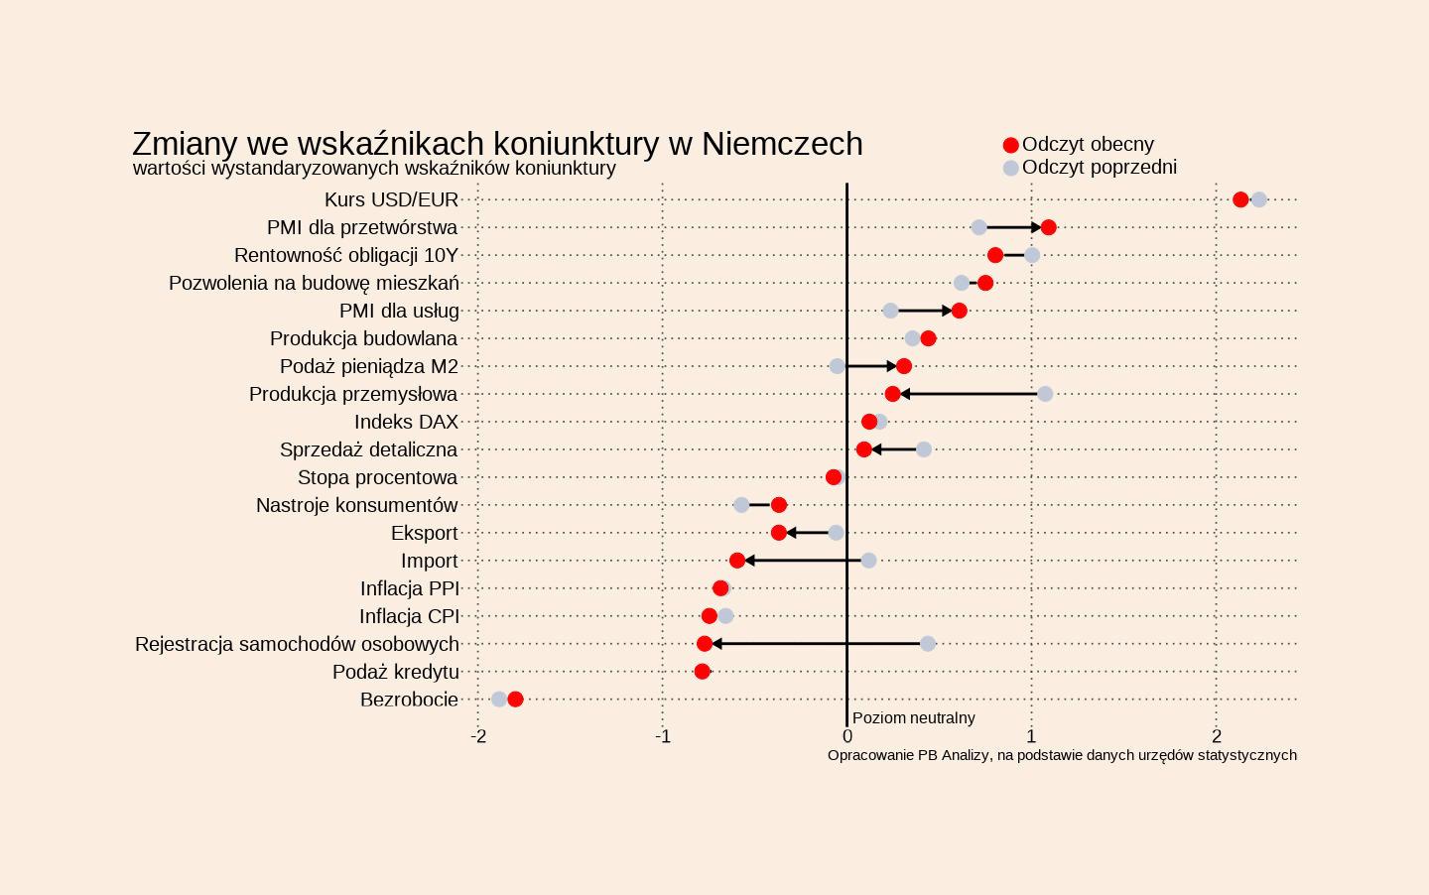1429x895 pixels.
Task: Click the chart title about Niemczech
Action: tap(497, 144)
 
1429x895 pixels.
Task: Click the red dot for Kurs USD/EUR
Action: tap(1240, 199)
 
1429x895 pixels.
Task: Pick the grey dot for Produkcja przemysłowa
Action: tap(1045, 394)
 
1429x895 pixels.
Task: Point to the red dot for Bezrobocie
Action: tap(515, 700)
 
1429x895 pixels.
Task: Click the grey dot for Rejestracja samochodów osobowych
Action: tap(928, 644)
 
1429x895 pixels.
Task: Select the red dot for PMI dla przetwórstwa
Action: tap(1049, 227)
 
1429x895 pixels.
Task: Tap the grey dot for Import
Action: tap(868, 561)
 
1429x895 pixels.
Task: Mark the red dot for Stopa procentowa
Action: tap(834, 477)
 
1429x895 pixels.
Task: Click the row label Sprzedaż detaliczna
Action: tap(368, 449)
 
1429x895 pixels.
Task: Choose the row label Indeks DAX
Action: tap(406, 422)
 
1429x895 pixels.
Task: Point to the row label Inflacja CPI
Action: tap(409, 616)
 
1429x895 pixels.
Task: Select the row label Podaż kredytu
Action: tap(395, 672)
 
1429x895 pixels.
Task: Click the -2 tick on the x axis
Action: tap(478, 736)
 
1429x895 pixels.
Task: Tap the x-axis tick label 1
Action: tap(1032, 736)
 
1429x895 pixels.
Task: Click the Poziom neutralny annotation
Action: tap(913, 717)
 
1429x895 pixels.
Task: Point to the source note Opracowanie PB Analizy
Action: tap(1062, 755)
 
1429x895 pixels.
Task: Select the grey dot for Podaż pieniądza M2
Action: tap(838, 366)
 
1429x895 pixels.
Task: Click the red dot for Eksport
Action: tap(779, 533)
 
